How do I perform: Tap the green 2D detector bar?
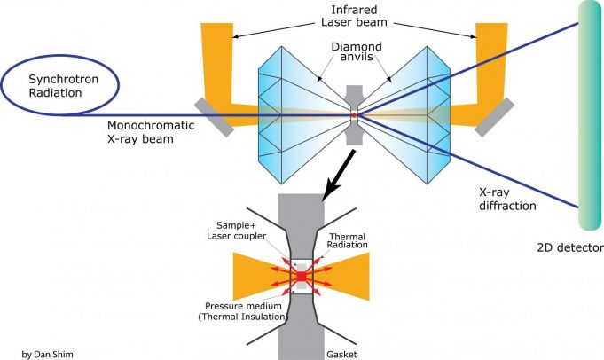pyautogui.click(x=590, y=115)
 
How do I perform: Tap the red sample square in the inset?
pyautogui.click(x=301, y=278)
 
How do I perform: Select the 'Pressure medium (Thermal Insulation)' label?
pyautogui.click(x=244, y=309)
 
